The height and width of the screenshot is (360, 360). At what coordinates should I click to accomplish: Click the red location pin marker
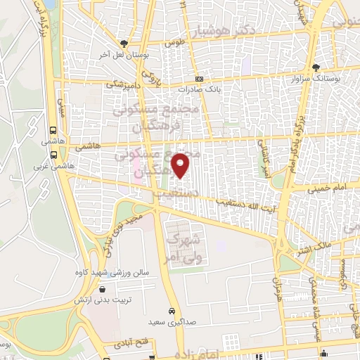click(x=181, y=166)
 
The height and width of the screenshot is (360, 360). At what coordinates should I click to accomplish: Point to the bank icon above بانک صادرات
click(x=199, y=79)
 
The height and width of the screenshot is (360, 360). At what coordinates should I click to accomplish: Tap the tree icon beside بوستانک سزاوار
click(x=316, y=67)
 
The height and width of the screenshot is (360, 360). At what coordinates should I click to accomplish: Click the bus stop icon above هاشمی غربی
click(x=53, y=156)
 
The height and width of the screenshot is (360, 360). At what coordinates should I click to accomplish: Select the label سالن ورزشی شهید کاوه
click(x=108, y=271)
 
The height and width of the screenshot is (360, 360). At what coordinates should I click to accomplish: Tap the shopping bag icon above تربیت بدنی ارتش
click(x=103, y=289)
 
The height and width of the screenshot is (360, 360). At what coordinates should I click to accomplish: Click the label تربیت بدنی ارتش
click(x=103, y=300)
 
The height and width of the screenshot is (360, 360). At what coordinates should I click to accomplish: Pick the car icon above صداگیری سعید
click(x=172, y=311)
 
